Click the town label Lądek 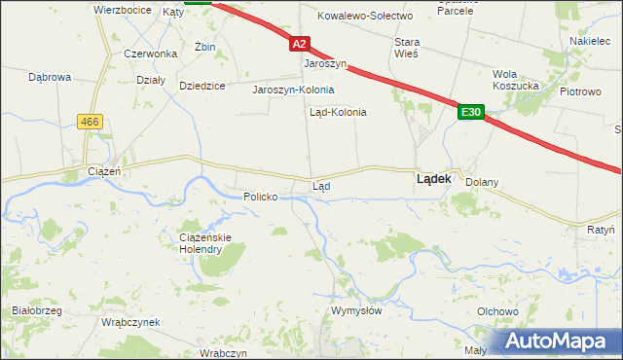(x=433, y=179)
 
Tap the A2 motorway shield (x=299, y=44)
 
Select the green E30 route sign (x=471, y=113)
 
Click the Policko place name (x=261, y=197)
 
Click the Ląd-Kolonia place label (x=338, y=112)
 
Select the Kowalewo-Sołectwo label (x=366, y=16)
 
